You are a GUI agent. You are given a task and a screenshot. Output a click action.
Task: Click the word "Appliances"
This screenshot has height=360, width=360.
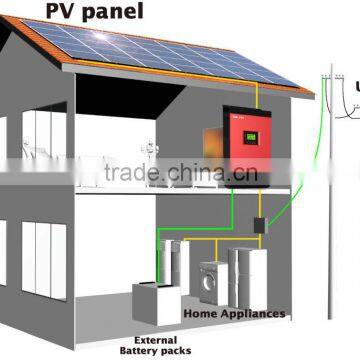pyautogui.click(x=255, y=313)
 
